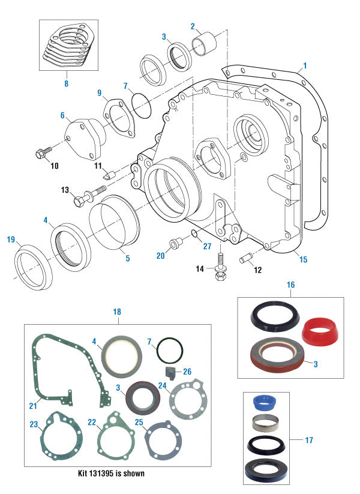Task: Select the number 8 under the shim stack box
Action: pyautogui.click(x=66, y=84)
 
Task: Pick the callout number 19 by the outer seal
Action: pyautogui.click(x=10, y=240)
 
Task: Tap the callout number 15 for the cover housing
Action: pyautogui.click(x=304, y=259)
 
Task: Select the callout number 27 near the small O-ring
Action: pyautogui.click(x=207, y=245)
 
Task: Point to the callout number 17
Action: pyautogui.click(x=309, y=440)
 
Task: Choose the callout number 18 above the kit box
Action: pyautogui.click(x=116, y=312)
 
